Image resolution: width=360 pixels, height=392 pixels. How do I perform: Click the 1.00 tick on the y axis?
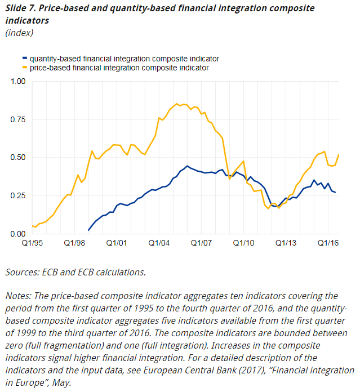19,82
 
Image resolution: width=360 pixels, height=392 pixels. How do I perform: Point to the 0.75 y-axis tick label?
19,119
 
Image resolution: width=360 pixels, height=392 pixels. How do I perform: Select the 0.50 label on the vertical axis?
19,158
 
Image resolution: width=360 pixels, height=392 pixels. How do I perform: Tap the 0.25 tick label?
19,195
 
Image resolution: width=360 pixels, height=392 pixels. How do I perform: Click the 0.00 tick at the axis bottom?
19,234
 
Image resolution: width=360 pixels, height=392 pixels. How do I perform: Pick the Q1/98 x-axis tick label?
74,243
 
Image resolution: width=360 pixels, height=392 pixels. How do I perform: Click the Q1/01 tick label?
117,243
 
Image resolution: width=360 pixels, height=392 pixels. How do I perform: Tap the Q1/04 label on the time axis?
159,243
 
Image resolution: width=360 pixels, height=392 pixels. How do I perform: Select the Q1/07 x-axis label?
201,243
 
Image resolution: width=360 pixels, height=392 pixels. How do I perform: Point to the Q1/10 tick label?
243,243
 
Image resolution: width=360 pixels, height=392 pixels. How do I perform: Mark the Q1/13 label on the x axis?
286,243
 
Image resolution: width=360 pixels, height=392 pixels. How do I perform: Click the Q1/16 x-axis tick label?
328,243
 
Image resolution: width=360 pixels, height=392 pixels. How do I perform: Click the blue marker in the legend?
24,59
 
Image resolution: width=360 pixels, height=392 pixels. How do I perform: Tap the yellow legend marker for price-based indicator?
24,68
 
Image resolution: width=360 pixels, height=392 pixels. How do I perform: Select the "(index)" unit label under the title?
19,33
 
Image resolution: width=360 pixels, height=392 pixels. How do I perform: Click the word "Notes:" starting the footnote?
19,296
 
